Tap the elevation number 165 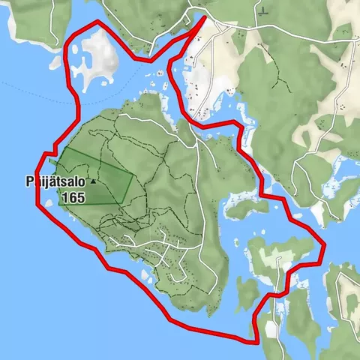[73, 197]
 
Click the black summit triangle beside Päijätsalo [93, 181]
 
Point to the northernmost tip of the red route [205, 16]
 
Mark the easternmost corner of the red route [325, 244]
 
